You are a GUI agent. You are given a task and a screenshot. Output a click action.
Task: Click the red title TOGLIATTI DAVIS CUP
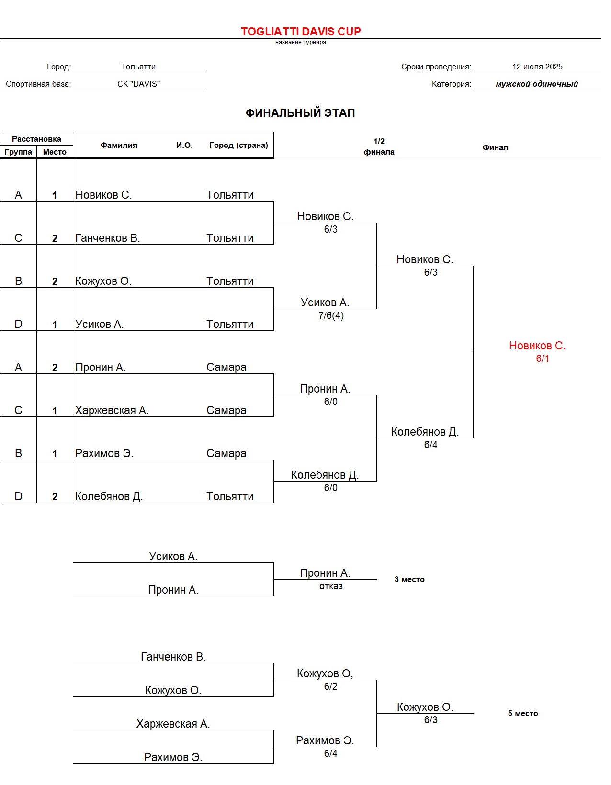pyautogui.click(x=301, y=32)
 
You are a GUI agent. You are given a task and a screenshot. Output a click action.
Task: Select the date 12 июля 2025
pyautogui.click(x=537, y=67)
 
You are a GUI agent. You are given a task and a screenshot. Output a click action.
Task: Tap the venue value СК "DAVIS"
pyautogui.click(x=138, y=84)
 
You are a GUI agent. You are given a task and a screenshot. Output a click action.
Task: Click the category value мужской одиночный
pyautogui.click(x=537, y=84)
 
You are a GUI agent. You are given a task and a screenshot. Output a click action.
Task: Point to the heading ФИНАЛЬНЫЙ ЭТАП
pyautogui.click(x=300, y=113)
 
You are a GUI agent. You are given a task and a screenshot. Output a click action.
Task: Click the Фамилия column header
pyautogui.click(x=119, y=145)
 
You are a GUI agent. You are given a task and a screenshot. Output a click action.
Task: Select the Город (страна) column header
pyautogui.click(x=238, y=145)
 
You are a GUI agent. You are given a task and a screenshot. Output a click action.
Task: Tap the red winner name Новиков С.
pyautogui.click(x=537, y=346)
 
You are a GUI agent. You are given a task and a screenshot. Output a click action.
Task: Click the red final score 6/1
pyautogui.click(x=543, y=359)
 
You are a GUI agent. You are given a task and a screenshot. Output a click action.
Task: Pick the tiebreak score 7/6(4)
pyautogui.click(x=331, y=315)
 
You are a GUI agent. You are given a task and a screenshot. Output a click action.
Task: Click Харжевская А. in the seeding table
pyautogui.click(x=112, y=410)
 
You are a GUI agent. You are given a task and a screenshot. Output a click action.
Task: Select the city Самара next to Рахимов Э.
pyautogui.click(x=226, y=453)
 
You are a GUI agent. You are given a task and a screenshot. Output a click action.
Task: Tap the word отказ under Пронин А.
pyautogui.click(x=331, y=586)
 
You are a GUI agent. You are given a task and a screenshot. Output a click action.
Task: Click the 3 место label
pyautogui.click(x=409, y=579)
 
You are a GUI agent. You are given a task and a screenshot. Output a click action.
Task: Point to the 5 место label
pyautogui.click(x=523, y=713)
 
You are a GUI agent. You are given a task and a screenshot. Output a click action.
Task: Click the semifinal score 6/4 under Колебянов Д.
pyautogui.click(x=430, y=445)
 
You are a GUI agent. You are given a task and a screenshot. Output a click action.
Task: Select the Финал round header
pyautogui.click(x=495, y=147)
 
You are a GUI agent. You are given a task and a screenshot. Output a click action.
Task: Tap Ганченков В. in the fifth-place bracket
pyautogui.click(x=173, y=657)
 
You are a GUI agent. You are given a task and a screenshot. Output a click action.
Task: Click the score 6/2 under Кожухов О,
pyautogui.click(x=330, y=686)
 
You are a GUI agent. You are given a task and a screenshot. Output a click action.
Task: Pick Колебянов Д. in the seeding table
pyautogui.click(x=109, y=496)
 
